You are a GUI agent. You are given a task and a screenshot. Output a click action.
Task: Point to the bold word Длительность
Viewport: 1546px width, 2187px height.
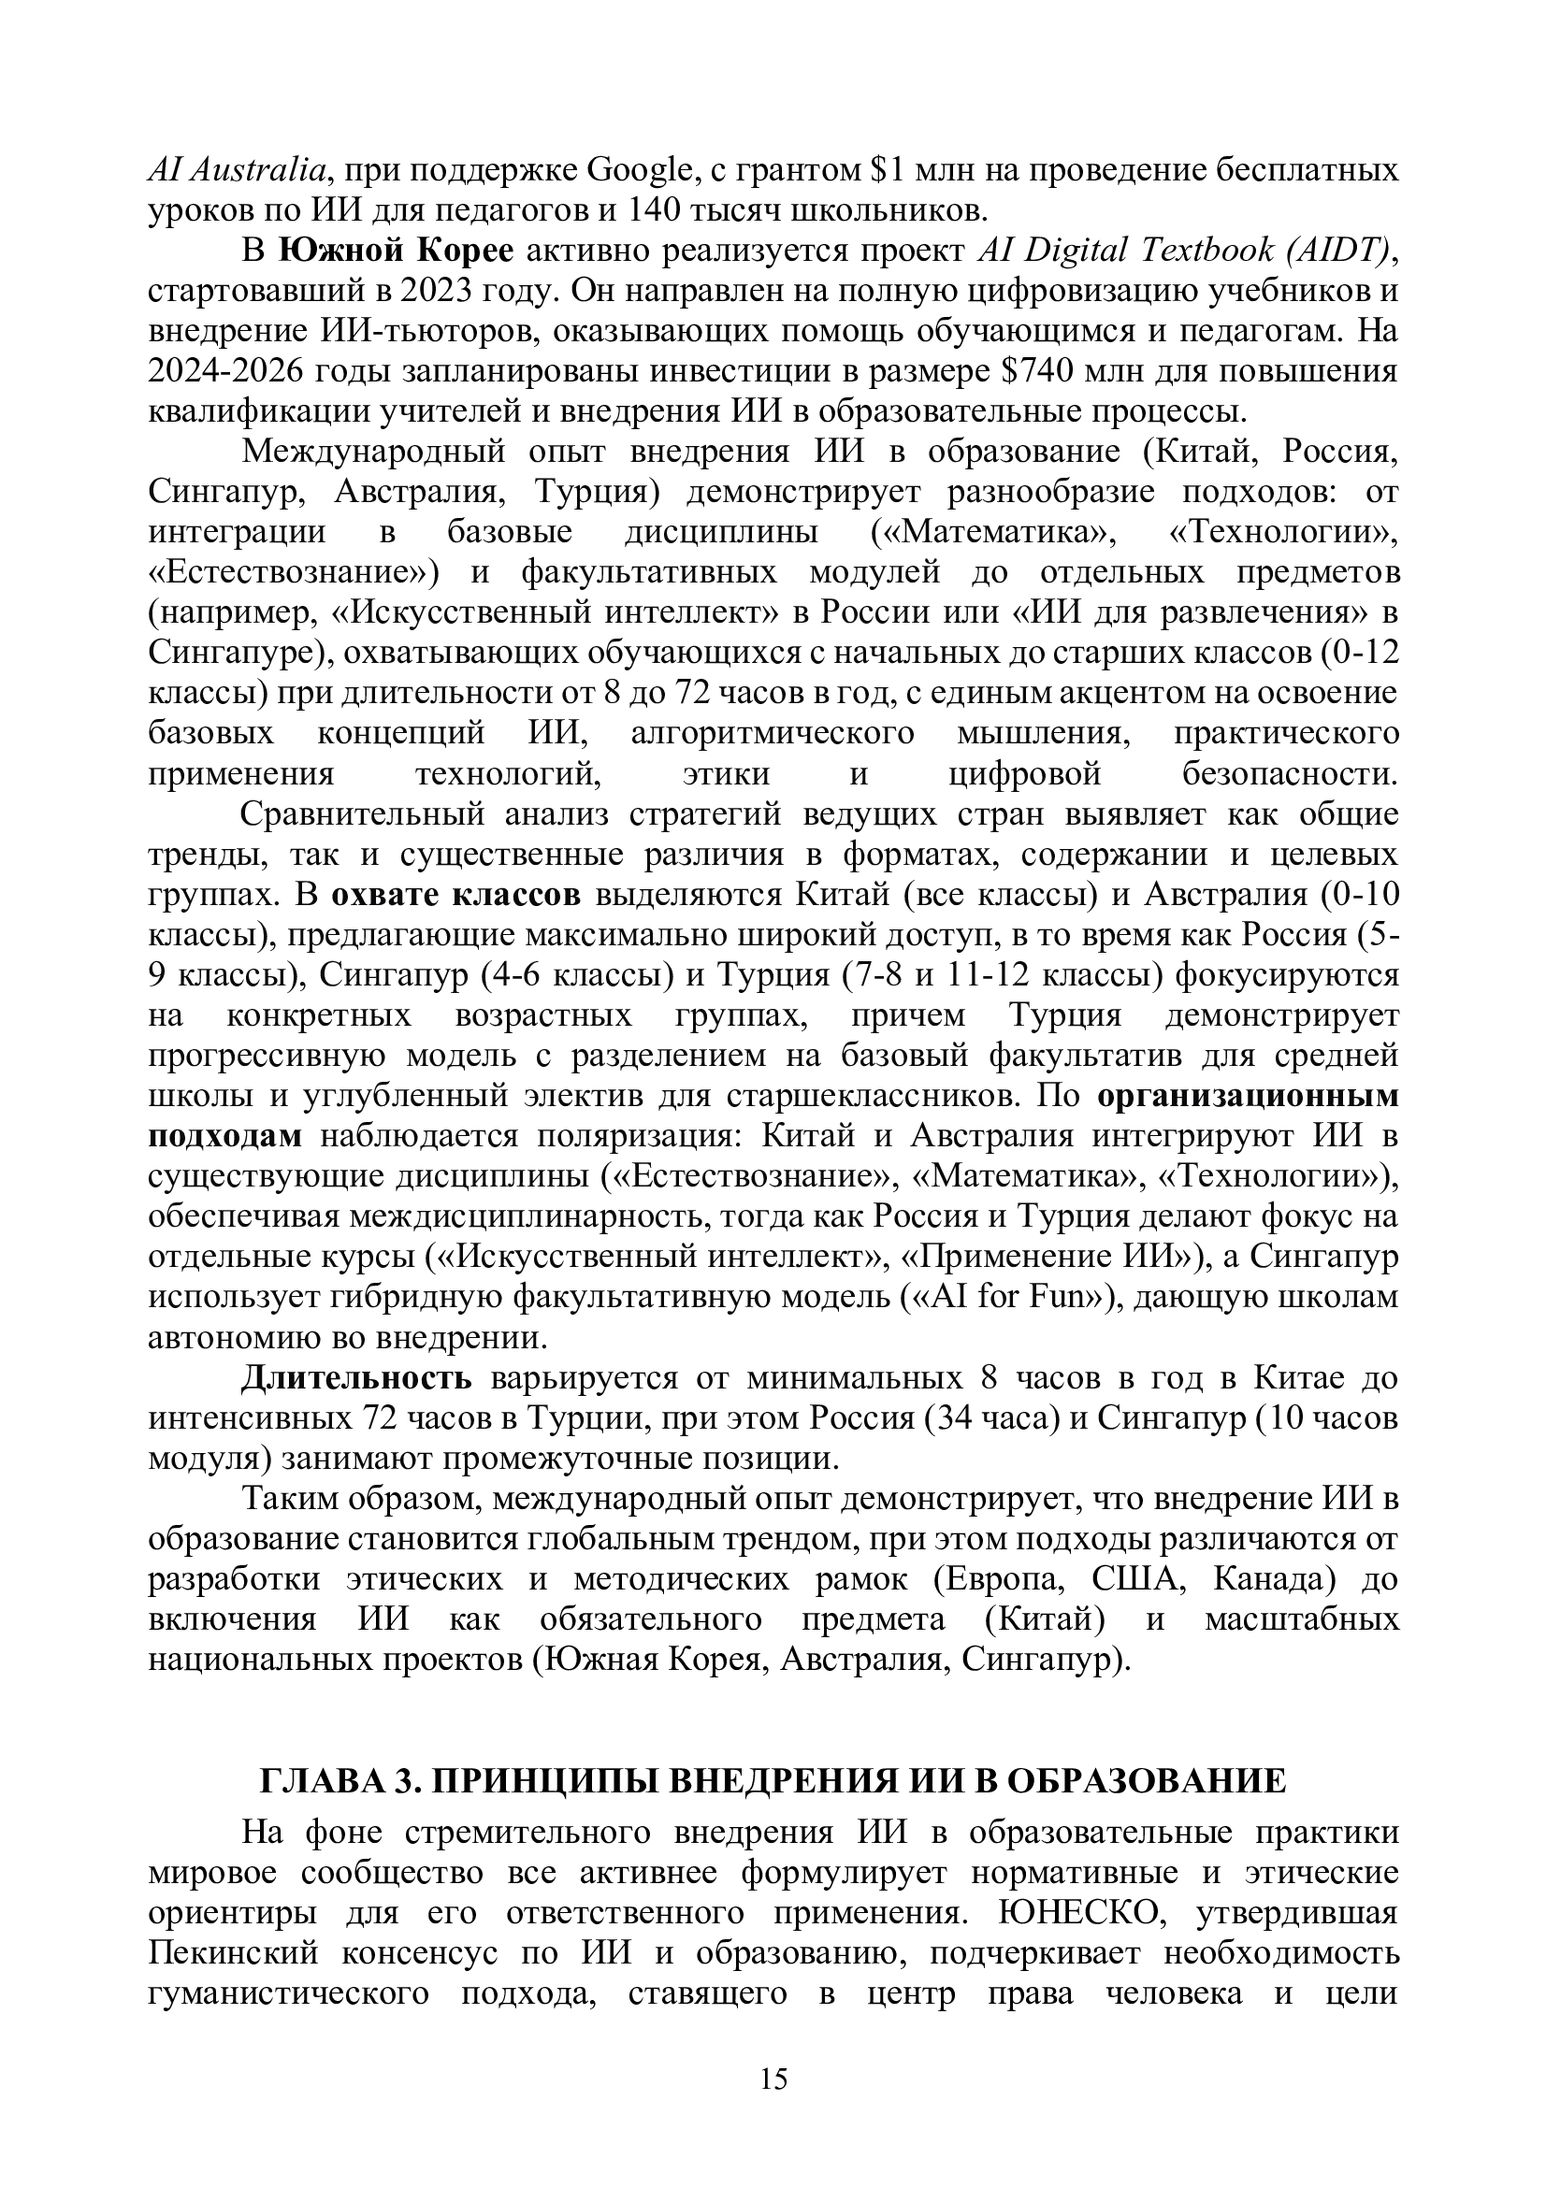tap(355, 1377)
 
